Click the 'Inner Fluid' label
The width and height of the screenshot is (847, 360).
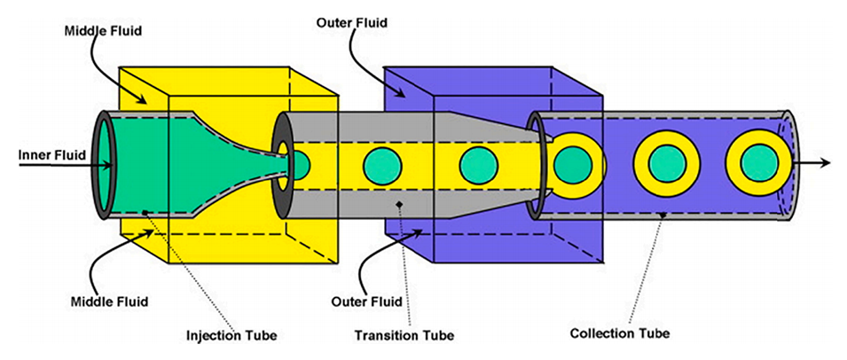pos(51,155)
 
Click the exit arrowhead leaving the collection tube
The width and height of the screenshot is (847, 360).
pos(825,162)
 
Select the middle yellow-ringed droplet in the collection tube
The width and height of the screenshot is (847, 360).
pos(666,163)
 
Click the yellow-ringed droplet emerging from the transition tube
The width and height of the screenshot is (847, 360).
pos(574,163)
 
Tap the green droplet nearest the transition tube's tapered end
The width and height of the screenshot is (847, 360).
pos(478,164)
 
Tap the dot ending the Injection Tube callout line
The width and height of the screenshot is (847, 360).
pos(146,213)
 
